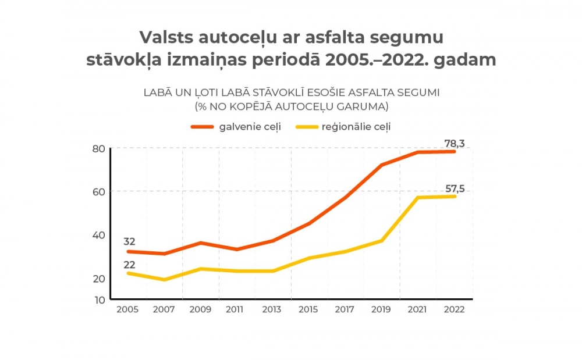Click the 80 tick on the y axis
[x=99, y=149]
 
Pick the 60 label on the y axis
[x=99, y=192]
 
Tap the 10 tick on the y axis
[x=99, y=300]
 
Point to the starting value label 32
[x=129, y=241]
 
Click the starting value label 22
[x=129, y=265]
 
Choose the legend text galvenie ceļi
[x=250, y=126]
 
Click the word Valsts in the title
[x=164, y=37]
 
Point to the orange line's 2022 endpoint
[x=455, y=151]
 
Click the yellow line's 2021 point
[x=418, y=198]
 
